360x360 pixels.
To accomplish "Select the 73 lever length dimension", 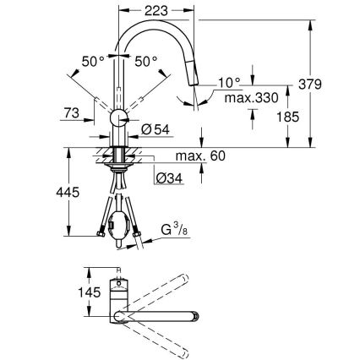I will pos(71,112).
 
